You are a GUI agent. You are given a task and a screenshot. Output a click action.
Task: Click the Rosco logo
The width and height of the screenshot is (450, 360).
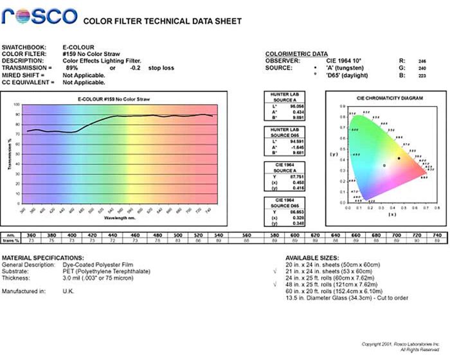pos(39,17)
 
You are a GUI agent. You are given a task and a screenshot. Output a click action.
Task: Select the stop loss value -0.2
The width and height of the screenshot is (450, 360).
pos(135,67)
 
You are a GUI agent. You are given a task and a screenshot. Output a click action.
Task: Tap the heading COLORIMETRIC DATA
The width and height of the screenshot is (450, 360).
pos(296,54)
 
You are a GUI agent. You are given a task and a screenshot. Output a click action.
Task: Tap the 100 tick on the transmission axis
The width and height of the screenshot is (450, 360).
pos(17,104)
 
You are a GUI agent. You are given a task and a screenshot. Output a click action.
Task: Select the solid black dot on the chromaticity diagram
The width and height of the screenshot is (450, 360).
pos(399,158)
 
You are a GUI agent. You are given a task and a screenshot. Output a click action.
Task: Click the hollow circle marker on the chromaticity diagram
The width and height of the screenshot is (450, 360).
pos(384,165)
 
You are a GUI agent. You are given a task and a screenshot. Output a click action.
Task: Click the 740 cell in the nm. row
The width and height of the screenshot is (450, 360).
pos(437,236)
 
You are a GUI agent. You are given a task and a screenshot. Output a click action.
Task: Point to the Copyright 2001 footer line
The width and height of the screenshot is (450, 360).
pos(401,344)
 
